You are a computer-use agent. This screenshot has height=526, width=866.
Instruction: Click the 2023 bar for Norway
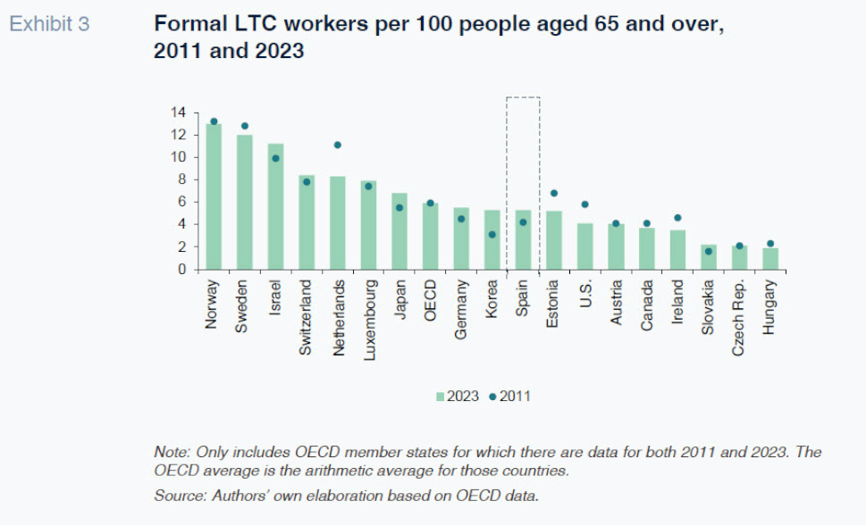[x=214, y=196]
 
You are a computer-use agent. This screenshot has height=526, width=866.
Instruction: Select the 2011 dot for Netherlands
[x=338, y=145]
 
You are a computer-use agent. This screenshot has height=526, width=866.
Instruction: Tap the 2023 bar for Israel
[x=275, y=206]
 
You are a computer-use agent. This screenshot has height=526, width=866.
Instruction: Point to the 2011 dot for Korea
[x=492, y=235]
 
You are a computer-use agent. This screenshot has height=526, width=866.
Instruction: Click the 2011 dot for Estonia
[x=554, y=193]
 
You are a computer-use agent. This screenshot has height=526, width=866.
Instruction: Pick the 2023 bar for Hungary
[x=770, y=258]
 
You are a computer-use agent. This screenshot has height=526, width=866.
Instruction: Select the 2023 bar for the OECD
[x=430, y=236]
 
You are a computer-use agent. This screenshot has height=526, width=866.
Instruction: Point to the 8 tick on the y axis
[x=181, y=180]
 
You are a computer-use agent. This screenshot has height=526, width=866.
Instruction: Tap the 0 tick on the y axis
[x=181, y=269]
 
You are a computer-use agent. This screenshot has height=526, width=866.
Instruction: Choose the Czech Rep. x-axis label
[x=739, y=318]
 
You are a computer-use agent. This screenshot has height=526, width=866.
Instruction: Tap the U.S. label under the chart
[x=585, y=292]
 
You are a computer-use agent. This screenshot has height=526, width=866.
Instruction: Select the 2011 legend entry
[x=510, y=396]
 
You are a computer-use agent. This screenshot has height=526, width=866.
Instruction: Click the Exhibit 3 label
[x=49, y=24]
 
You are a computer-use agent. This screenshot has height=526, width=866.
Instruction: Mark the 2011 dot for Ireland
[x=677, y=218]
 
